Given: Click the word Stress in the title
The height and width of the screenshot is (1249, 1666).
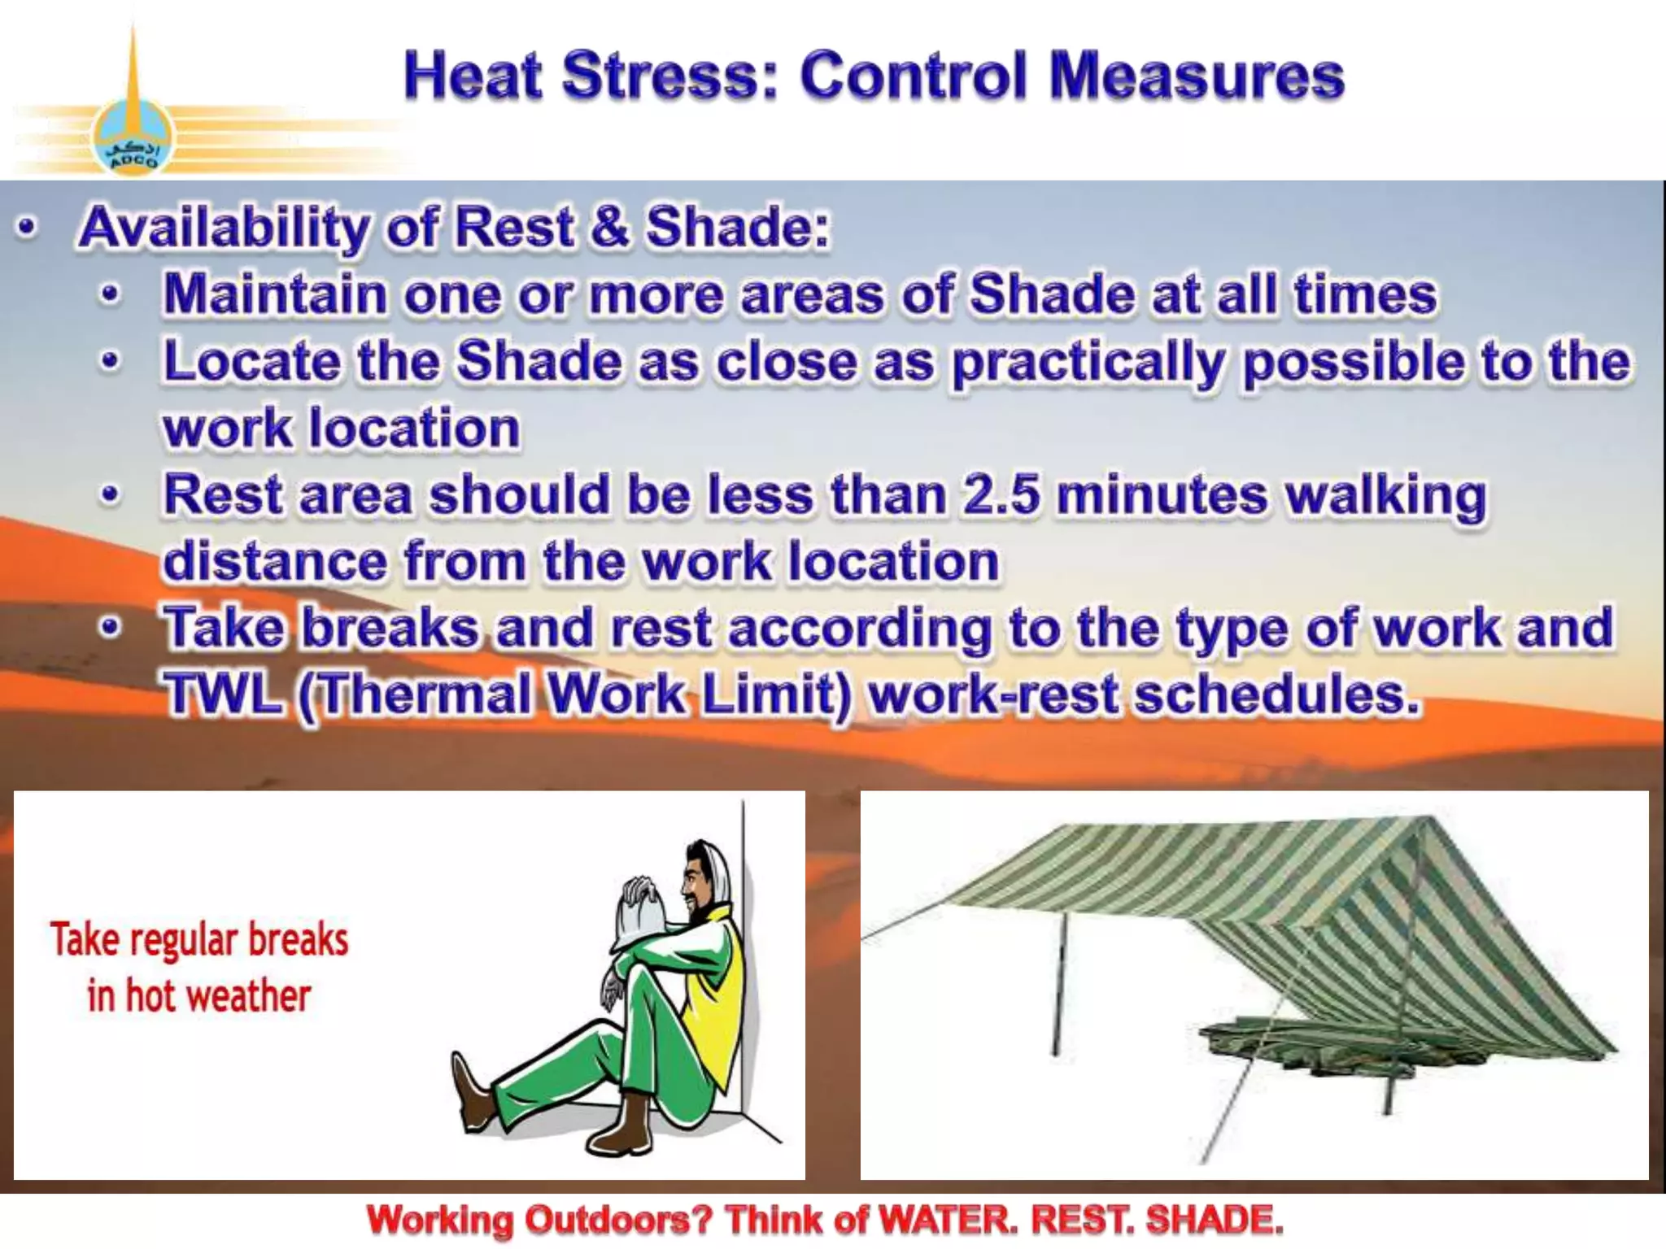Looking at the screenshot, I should point(669,76).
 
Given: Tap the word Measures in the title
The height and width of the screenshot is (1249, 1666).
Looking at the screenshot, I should point(1196,76).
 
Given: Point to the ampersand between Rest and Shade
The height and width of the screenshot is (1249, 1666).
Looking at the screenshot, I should point(609,227).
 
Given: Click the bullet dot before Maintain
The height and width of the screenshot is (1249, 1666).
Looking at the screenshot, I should point(110,294).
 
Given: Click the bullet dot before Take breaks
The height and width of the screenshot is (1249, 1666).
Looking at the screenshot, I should point(110,628).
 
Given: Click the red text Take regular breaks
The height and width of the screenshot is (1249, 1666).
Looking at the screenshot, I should point(199,940).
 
